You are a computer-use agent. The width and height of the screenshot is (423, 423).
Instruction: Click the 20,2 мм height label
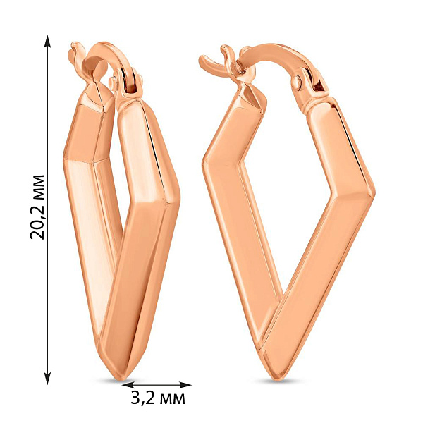coord(37,207)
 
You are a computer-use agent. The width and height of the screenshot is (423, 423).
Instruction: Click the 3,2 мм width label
coord(158,398)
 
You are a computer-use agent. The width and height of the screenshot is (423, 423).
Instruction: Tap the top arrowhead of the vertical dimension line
coord(48,41)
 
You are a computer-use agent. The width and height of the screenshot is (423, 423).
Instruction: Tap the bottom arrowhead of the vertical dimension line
coord(48,378)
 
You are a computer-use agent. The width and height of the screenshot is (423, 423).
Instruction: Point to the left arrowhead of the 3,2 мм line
coord(128,385)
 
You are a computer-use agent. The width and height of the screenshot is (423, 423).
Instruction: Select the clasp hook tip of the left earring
coord(73,45)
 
